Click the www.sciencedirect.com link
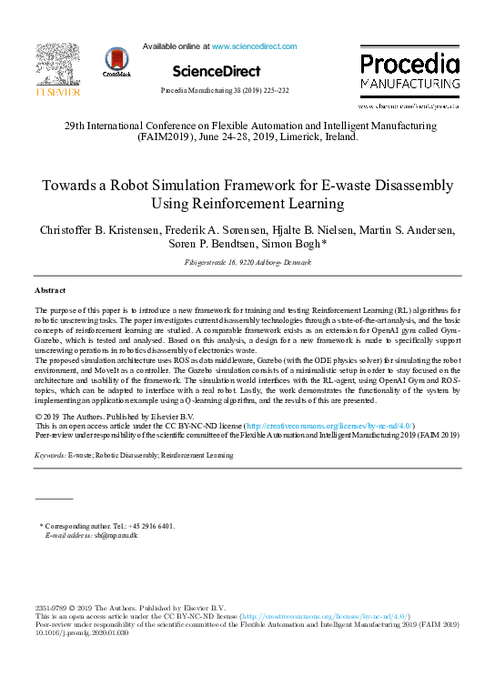click(x=254, y=45)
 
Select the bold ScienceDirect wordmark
click(x=216, y=71)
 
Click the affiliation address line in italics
click(x=247, y=262)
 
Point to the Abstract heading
click(x=50, y=289)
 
